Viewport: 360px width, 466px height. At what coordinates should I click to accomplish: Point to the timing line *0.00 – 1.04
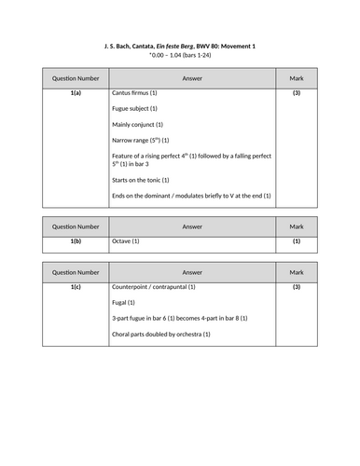(x=179, y=56)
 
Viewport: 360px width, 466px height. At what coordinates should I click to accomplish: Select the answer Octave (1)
(x=124, y=241)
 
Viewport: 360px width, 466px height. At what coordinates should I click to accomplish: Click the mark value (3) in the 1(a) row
(x=297, y=94)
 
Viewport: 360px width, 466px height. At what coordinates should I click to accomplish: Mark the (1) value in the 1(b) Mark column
(x=297, y=241)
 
